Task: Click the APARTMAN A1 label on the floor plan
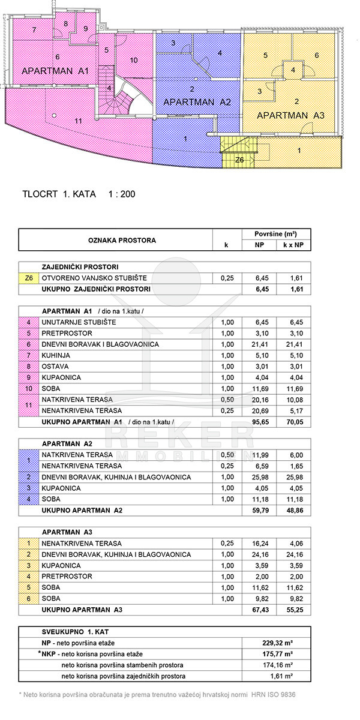point(55,71)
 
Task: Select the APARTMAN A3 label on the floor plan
point(290,115)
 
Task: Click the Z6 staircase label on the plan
point(239,160)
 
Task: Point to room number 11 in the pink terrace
point(78,121)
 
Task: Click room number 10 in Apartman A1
point(134,60)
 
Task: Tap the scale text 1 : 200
point(121,194)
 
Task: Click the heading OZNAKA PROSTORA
point(115,240)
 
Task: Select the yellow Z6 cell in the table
point(28,278)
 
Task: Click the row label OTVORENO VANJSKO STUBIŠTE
point(94,278)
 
